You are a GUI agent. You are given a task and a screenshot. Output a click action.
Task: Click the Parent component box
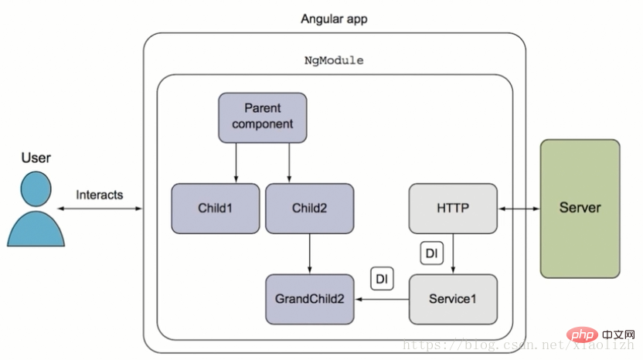point(263,117)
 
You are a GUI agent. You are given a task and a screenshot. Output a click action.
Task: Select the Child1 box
point(216,209)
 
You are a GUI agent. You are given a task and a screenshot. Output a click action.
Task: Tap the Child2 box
point(310,209)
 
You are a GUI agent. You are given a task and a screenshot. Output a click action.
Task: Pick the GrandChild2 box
point(310,299)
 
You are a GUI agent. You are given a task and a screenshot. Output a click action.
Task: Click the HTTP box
point(453,209)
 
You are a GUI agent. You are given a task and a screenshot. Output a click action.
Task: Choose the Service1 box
point(453,299)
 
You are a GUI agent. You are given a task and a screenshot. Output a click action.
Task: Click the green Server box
point(580,209)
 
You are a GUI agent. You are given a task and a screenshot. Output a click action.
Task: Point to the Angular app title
point(334,19)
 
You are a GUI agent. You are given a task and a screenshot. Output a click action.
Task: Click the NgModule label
point(334,60)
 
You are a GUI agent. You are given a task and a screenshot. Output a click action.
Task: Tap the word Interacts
point(100,195)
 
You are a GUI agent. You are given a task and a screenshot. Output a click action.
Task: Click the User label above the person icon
point(36,158)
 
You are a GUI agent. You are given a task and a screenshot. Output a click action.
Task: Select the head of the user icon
point(36,188)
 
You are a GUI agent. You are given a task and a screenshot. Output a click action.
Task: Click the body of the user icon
point(36,229)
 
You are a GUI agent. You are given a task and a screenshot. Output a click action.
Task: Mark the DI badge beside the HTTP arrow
point(432,253)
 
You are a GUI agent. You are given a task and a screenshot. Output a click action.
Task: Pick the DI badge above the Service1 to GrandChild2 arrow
point(382,279)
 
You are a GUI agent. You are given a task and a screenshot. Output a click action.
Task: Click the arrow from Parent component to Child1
point(236,163)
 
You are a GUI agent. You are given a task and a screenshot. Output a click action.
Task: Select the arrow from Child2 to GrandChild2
point(310,254)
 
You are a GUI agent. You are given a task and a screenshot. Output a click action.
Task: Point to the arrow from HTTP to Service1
point(453,254)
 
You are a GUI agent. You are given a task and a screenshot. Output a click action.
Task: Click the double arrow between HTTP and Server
point(519,209)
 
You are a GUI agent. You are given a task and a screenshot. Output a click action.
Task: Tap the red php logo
point(582,335)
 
